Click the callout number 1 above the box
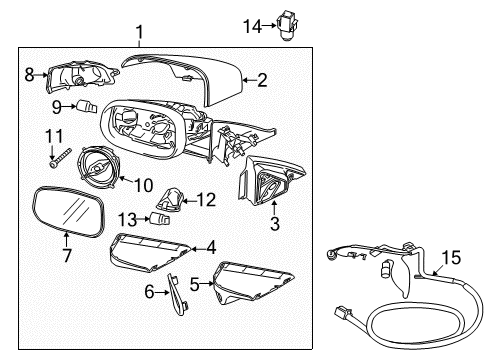pyautogui.click(x=140, y=32)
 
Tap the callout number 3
pyautogui.click(x=275, y=224)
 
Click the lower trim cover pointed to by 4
pyautogui.click(x=149, y=253)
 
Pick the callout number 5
pyautogui.click(x=195, y=284)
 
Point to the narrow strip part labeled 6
pyautogui.click(x=177, y=294)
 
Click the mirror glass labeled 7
pyautogui.click(x=69, y=211)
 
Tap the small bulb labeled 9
pyautogui.click(x=87, y=107)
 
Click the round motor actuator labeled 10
pyautogui.click(x=97, y=168)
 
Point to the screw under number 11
pyautogui.click(x=61, y=158)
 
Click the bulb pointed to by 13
pyautogui.click(x=160, y=219)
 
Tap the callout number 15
pyautogui.click(x=452, y=257)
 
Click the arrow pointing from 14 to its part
pyautogui.click(x=269, y=25)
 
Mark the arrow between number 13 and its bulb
pyautogui.click(x=143, y=219)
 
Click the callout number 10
pyautogui.click(x=144, y=185)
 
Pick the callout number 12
pyautogui.click(x=206, y=200)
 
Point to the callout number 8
pyautogui.click(x=29, y=75)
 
